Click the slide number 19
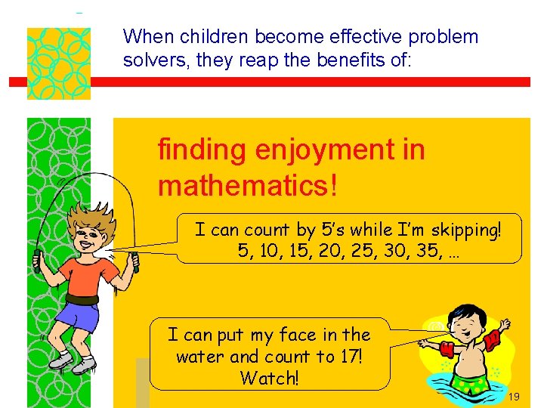tap(515, 397)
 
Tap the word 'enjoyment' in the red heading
tap(323, 150)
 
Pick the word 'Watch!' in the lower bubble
tap(269, 378)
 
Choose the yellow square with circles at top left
tap(58, 63)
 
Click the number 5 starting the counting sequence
tap(243, 251)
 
